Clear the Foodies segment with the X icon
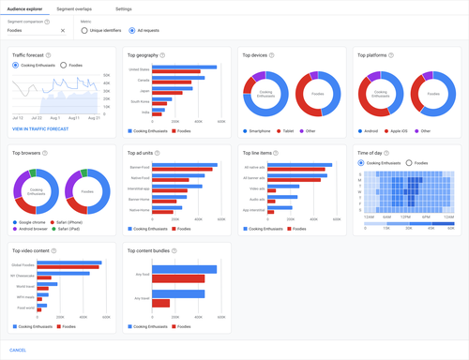63,30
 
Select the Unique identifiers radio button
84,30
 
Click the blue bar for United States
184,67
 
